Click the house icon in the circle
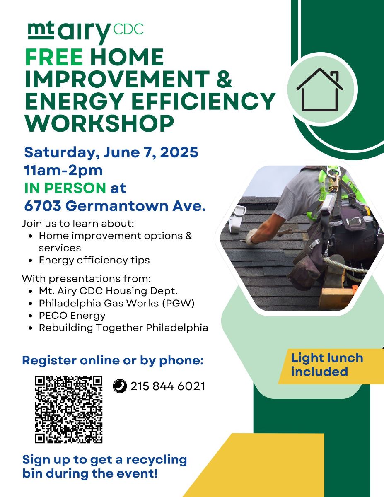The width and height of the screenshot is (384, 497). tap(319, 89)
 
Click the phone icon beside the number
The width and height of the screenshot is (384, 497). tap(120, 386)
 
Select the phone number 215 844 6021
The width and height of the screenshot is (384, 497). tap(168, 386)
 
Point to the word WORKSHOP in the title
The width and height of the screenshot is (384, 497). tap(99, 123)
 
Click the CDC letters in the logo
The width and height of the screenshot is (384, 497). tap(128, 29)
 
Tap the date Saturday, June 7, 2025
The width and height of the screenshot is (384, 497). tap(111, 152)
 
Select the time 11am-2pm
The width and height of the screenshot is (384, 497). tap(63, 171)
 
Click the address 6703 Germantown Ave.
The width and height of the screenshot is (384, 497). tap(115, 206)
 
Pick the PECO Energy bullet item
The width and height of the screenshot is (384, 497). tap(72, 316)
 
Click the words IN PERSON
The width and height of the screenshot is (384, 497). tap(65, 188)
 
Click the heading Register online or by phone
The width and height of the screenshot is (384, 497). tap(113, 360)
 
